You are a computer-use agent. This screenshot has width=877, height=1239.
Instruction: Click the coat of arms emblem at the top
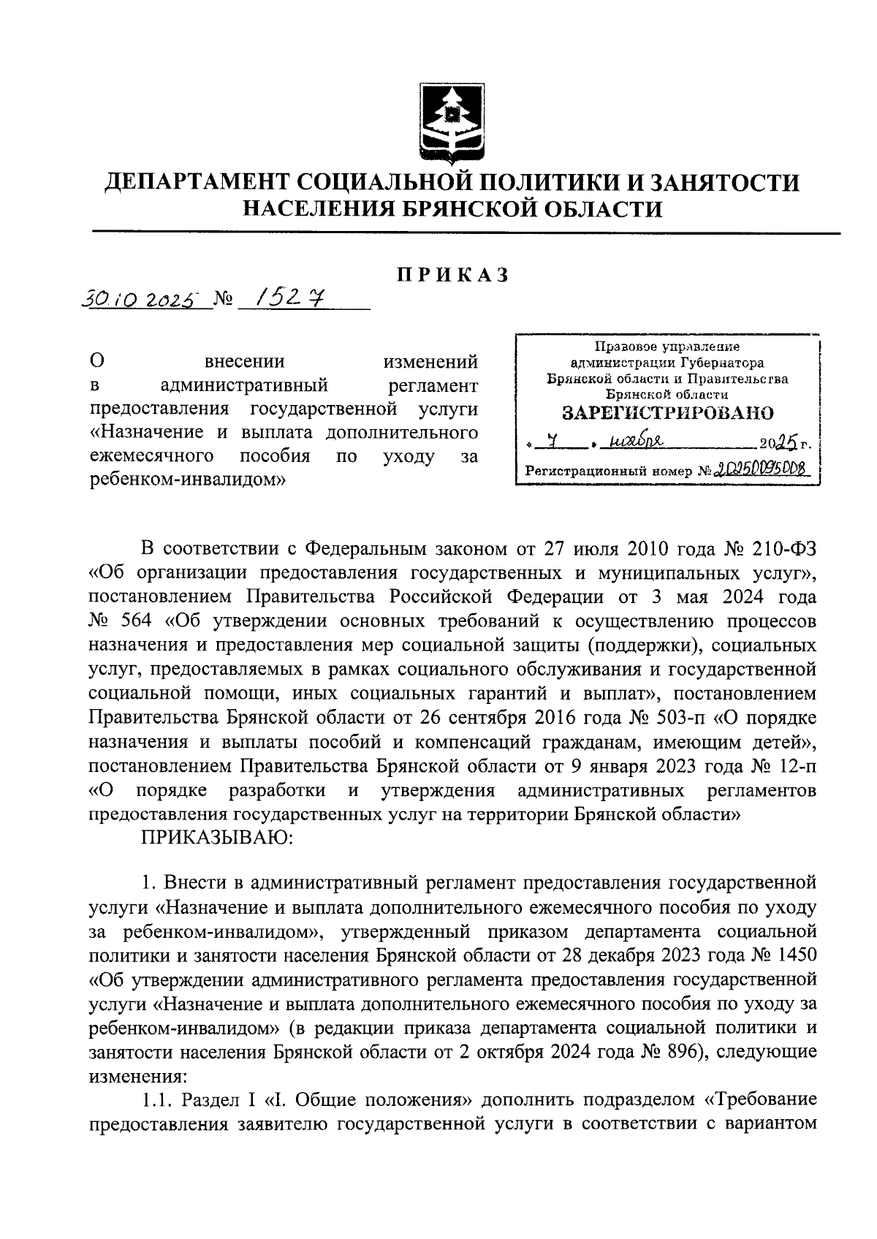click(452, 123)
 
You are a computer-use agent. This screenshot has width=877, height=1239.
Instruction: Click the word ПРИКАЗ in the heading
click(452, 276)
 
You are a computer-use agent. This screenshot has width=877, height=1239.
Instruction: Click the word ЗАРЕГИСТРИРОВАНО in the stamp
click(667, 413)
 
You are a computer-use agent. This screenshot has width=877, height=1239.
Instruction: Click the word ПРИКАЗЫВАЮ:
click(217, 838)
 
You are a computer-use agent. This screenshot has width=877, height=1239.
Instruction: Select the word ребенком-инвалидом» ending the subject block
click(185, 481)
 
